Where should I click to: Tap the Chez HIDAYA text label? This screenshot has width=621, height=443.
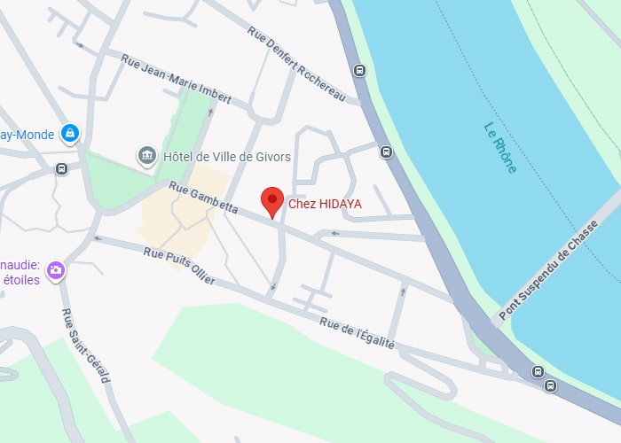pos(324,205)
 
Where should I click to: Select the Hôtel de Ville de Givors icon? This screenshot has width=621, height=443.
pos(146,157)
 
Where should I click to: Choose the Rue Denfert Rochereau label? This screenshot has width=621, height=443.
pos(295,62)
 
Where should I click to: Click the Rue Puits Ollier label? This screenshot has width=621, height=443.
pos(179,265)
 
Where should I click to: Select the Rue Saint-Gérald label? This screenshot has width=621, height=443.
pos(85,346)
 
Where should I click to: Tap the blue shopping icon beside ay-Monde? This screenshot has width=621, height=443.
pos(69,134)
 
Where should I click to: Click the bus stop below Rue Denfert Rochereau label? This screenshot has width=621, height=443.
pos(359,71)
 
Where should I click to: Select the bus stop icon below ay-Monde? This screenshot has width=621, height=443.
pos(61,168)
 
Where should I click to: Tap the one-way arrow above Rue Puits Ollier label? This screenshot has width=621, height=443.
pos(98,238)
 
